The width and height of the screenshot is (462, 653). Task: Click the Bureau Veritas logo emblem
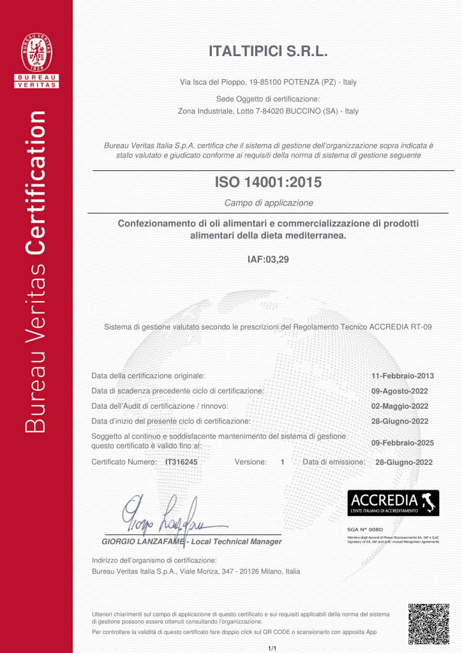[36, 53]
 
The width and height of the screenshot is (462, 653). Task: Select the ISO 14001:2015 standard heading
[268, 182]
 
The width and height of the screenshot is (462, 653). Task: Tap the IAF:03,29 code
[268, 260]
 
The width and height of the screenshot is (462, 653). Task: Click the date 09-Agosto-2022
[399, 391]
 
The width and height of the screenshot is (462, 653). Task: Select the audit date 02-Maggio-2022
[399, 406]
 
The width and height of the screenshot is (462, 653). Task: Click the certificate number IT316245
[181, 462]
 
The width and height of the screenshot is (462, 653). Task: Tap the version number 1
[282, 462]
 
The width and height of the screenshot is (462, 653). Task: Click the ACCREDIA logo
[392, 503]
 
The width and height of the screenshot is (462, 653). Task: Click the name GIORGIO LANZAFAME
[142, 542]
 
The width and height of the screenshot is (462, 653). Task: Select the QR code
[428, 624]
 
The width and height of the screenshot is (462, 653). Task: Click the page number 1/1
[272, 648]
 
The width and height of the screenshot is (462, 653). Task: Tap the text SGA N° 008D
[365, 529]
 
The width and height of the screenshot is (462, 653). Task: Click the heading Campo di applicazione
[269, 203]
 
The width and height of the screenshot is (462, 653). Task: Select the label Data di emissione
[334, 462]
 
